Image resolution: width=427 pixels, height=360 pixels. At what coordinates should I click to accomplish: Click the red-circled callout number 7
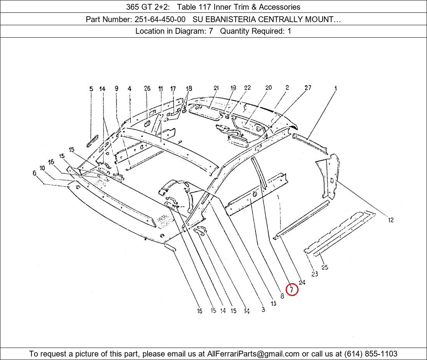coord(292,289)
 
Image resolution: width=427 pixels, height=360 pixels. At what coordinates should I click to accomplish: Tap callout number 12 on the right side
coord(391,220)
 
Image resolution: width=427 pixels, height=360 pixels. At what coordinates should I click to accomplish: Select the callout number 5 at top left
coord(91,89)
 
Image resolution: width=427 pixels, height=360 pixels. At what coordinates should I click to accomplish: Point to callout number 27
coord(308,88)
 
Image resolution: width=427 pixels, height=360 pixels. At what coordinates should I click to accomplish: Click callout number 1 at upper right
coord(336,88)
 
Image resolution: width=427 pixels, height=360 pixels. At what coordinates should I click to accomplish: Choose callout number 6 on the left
coord(35,173)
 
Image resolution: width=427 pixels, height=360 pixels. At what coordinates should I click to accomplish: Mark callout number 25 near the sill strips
coord(325,267)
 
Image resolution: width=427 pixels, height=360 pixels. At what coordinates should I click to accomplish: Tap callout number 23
coord(314,274)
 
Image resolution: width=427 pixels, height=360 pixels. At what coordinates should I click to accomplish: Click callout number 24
coord(302,282)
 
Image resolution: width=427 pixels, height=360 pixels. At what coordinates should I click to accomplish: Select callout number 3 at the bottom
coord(263,310)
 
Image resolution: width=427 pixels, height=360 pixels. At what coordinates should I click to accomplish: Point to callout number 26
coord(147,88)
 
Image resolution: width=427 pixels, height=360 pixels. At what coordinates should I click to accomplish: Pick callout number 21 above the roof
coord(216,88)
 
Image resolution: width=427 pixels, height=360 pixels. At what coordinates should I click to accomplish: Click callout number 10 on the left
coord(42,168)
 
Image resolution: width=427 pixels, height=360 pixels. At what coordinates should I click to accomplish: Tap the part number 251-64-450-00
coord(160,19)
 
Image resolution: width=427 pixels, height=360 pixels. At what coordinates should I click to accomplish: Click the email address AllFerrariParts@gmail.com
coord(253,354)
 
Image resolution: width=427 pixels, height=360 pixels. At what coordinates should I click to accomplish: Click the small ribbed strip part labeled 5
coord(92,141)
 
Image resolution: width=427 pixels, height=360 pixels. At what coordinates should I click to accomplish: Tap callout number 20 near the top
coord(269,88)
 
